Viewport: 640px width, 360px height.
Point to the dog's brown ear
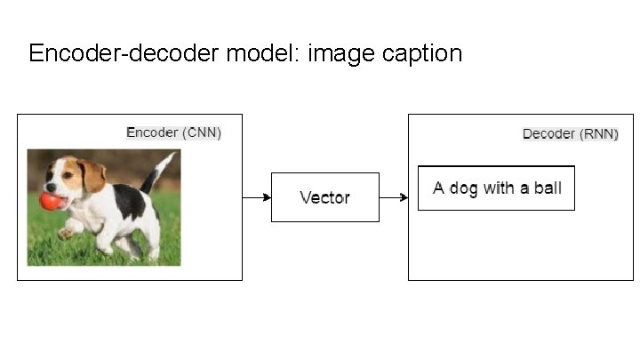[x=92, y=175]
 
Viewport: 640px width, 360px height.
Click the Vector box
[x=324, y=197]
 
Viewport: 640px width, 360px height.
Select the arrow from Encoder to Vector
[x=257, y=197]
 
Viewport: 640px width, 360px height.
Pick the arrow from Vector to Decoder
[x=394, y=197]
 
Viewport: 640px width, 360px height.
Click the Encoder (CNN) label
[x=173, y=133]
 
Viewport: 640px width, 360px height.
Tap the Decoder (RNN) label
[x=570, y=134]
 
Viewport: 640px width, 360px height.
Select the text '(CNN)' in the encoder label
[x=201, y=133]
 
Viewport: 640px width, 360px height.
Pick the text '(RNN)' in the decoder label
[x=598, y=134]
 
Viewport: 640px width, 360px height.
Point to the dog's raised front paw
[x=66, y=234]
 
